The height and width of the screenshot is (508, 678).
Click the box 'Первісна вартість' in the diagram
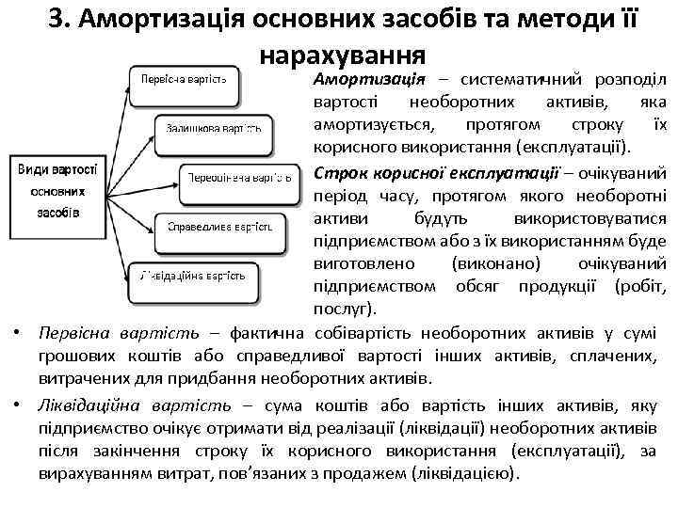click(184, 78)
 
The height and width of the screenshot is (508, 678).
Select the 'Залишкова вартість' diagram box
click(207, 128)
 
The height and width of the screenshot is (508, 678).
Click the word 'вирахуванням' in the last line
click(96, 474)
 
